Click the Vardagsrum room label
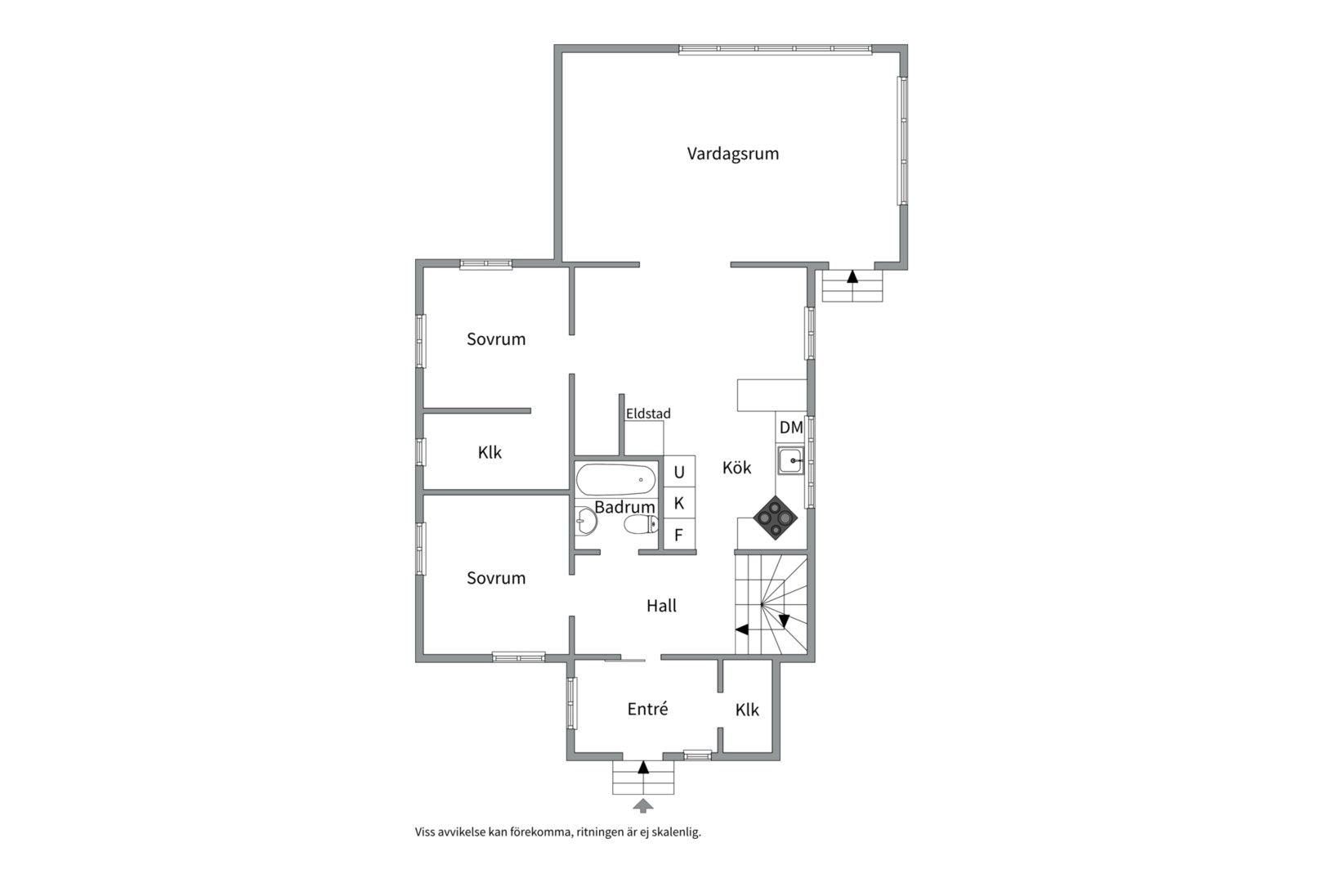point(733,154)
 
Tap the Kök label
point(736,468)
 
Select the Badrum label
point(624,508)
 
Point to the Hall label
point(661,606)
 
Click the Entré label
point(648,709)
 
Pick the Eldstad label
point(648,414)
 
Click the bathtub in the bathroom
point(616,480)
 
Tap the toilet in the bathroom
point(642,524)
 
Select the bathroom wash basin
point(586,522)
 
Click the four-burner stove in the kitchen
point(775,518)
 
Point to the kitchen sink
point(790,461)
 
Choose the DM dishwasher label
point(791,427)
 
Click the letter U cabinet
point(679,472)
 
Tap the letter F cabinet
point(678,536)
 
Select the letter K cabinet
point(679,504)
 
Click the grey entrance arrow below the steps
point(643,805)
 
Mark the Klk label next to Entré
point(747,710)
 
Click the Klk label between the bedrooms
point(490,452)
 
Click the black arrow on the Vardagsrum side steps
point(852,276)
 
